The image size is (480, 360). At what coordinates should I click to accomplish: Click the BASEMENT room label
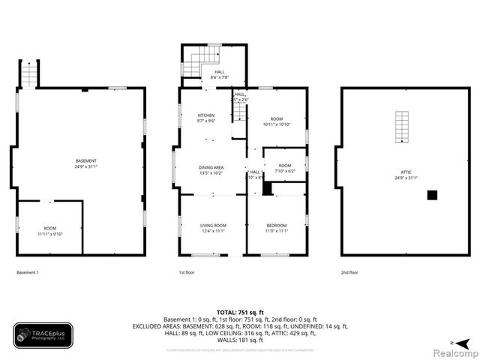pos(85,161)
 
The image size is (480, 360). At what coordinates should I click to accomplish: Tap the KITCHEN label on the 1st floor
pos(206,115)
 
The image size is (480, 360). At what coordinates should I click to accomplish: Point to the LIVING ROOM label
pos(213,225)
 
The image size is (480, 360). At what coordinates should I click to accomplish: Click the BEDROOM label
pos(277,225)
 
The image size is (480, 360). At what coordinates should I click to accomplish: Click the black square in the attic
pos(432,195)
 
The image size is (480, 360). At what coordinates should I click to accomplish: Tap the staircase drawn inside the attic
pos(403,127)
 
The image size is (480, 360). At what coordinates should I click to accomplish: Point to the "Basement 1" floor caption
pos(28,272)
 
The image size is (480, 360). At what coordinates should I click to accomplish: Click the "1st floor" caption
pos(187,272)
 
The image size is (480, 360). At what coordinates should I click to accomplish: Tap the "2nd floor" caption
pos(349,272)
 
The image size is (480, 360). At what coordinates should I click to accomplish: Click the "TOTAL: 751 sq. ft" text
pos(240,311)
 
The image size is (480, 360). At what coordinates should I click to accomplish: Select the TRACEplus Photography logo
pos(43,335)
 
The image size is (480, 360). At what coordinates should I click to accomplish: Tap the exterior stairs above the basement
pos(29,73)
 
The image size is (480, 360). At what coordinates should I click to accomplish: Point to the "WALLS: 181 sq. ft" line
pos(240,340)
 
